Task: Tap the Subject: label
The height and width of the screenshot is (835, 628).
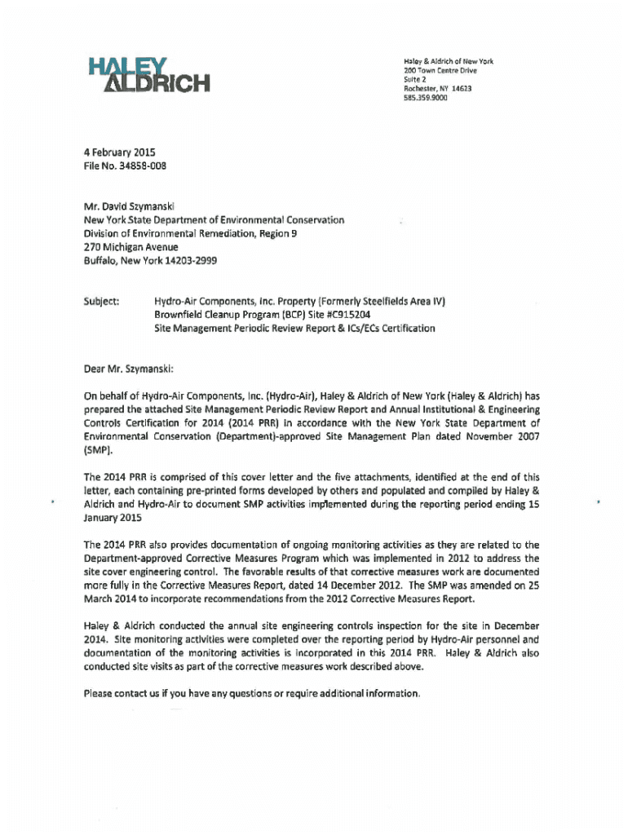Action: click(x=102, y=300)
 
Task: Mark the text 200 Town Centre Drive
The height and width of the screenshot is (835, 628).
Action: click(x=440, y=70)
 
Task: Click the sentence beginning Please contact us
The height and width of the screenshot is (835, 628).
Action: click(x=252, y=693)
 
